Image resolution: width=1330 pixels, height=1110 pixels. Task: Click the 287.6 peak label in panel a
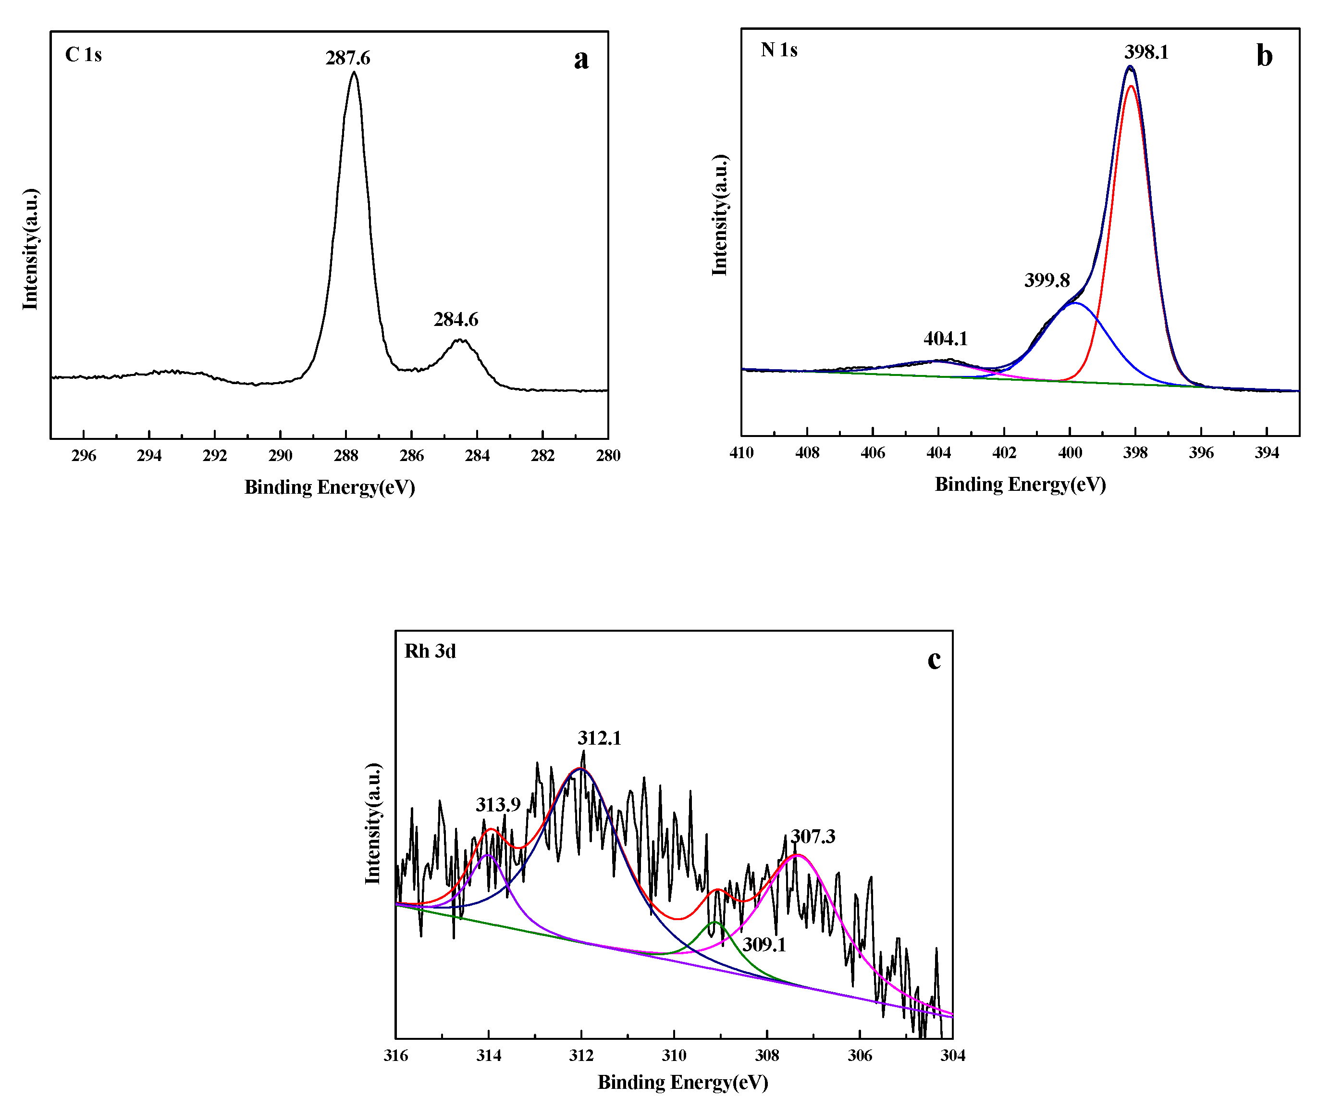click(x=348, y=58)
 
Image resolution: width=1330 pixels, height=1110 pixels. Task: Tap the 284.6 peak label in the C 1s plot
click(x=456, y=319)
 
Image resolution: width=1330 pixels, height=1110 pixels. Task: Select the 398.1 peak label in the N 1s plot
click(x=1146, y=52)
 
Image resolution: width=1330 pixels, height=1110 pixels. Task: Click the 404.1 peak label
click(x=945, y=339)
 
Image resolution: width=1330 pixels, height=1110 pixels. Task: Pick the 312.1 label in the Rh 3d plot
click(x=599, y=738)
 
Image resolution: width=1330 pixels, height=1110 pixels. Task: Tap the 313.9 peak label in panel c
click(x=498, y=805)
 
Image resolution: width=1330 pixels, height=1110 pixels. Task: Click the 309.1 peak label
click(x=764, y=945)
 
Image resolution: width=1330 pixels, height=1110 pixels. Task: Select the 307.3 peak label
click(x=813, y=837)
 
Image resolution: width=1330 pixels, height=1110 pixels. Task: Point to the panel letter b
click(x=1264, y=56)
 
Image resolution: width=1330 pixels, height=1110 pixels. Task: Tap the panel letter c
click(x=934, y=659)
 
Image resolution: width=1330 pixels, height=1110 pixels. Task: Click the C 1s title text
click(x=83, y=54)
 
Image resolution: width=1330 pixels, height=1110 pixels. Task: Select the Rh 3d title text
click(x=430, y=651)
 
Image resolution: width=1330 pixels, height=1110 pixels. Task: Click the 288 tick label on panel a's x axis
click(x=346, y=456)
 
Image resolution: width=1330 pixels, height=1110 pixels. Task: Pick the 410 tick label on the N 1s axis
click(x=741, y=453)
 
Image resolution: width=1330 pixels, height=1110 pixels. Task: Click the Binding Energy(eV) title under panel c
click(x=682, y=1082)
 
